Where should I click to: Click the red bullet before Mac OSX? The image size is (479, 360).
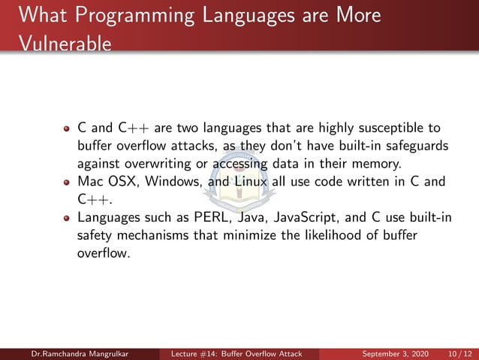coord(67,182)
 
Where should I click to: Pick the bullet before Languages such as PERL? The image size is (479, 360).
coord(67,219)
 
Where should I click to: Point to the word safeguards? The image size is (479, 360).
coord(412,145)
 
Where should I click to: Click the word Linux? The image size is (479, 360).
coord(250,181)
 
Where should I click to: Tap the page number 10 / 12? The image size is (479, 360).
coord(457,353)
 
